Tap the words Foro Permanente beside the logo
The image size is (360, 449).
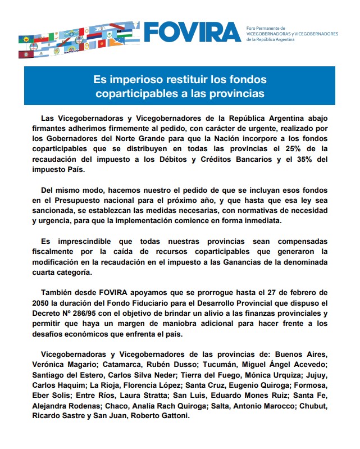pyautogui.click(x=266, y=28)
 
